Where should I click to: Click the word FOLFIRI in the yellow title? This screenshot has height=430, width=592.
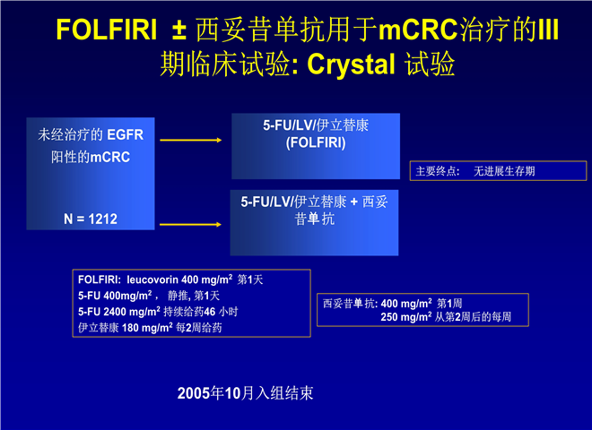107,30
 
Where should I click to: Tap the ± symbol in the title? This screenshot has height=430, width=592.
179,30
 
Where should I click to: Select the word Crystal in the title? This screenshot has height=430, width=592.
351,64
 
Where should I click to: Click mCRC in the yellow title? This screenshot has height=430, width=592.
418,30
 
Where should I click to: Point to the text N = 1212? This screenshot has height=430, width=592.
91,219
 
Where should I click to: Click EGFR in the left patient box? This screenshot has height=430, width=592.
126,134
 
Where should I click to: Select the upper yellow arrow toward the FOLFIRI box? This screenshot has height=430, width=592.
191,141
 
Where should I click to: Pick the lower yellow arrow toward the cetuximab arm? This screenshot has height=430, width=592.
191,225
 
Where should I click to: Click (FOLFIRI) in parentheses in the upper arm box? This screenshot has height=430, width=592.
316,143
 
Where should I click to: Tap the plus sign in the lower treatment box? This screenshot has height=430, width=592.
353,202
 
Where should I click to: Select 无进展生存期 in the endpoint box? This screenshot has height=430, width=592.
504,171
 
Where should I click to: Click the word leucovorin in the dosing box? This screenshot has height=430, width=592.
152,279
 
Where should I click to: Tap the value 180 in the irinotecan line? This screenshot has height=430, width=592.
130,328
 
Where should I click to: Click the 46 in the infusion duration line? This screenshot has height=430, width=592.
210,312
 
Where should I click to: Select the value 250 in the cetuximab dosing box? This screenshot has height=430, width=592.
390,317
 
